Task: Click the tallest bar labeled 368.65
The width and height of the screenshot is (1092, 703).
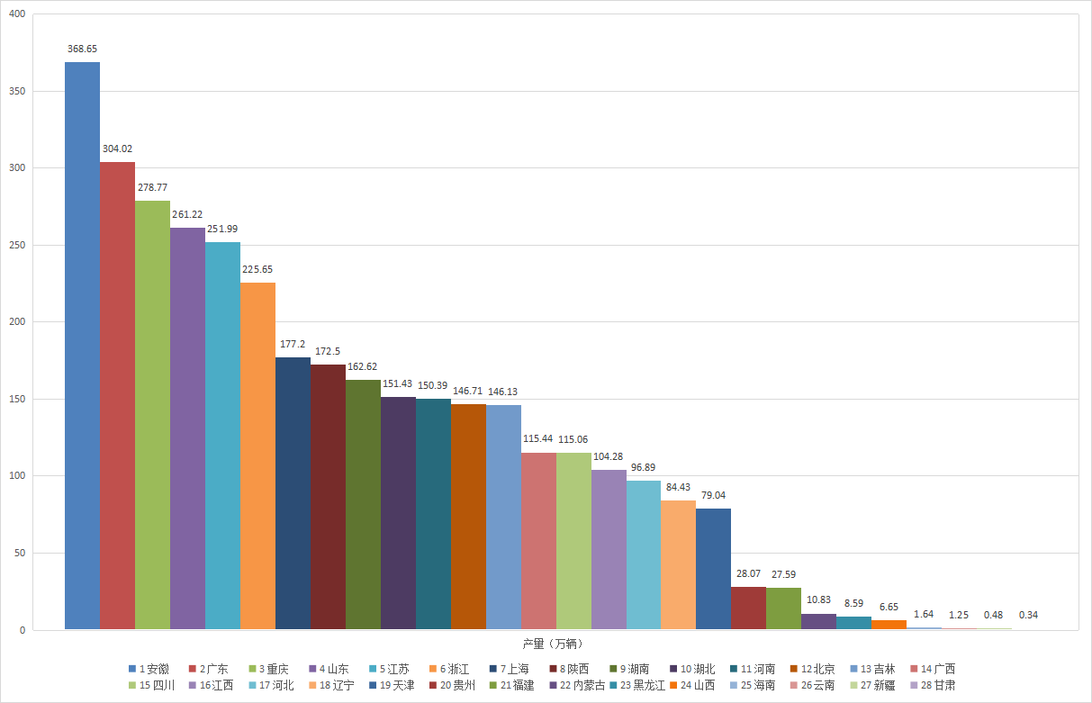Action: [82, 346]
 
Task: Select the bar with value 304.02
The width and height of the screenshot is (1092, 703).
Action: [117, 396]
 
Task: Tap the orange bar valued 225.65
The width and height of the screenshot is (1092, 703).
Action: [257, 456]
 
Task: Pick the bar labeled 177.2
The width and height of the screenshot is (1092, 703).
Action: [293, 493]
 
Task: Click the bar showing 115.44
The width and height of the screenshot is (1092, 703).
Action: [538, 541]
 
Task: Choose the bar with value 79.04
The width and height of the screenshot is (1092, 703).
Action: [714, 569]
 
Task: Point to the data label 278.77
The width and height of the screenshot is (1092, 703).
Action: [152, 187]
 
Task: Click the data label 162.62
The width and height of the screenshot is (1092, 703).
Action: [363, 366]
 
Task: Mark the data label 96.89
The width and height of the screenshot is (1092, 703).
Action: [644, 467]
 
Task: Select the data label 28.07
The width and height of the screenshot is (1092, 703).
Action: [749, 573]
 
